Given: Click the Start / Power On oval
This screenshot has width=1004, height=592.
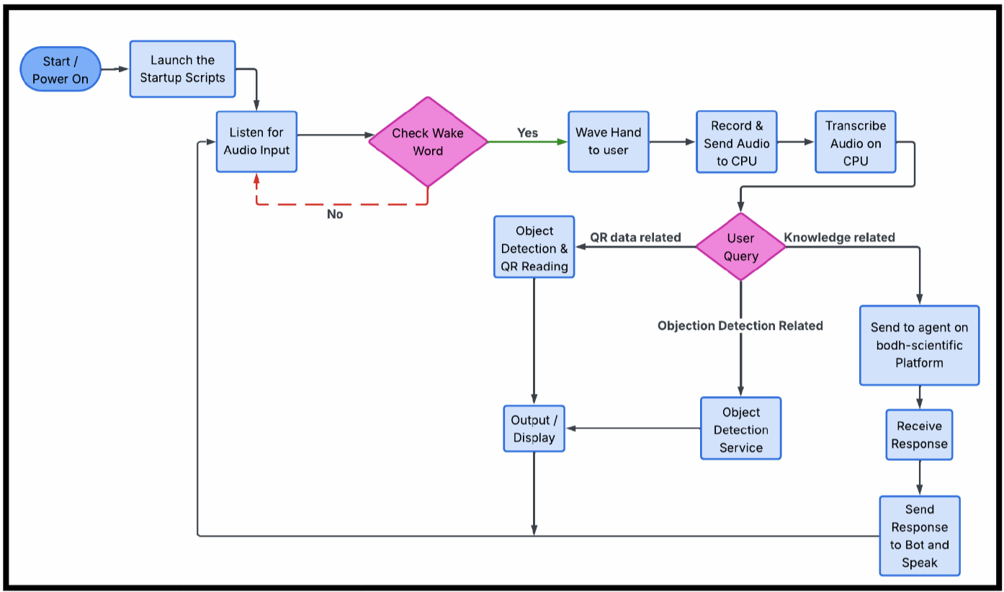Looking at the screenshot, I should [x=60, y=70].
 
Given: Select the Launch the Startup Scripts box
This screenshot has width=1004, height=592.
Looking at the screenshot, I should [x=182, y=69].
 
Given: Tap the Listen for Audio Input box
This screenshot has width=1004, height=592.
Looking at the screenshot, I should [x=256, y=141].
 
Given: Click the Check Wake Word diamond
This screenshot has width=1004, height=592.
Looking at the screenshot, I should [x=428, y=142].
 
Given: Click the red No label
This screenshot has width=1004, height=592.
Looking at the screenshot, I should [x=335, y=215].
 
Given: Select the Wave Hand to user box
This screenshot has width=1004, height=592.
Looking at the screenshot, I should [x=608, y=141].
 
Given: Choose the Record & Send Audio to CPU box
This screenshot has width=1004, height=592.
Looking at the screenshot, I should [x=736, y=143].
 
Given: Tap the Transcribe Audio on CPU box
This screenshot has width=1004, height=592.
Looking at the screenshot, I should [x=855, y=143].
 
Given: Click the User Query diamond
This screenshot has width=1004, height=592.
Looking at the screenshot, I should [x=740, y=247].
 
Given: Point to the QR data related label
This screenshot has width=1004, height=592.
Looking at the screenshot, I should [x=635, y=238].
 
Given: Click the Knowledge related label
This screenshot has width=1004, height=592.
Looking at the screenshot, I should [x=839, y=238].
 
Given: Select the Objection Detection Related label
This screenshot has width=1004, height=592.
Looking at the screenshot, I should [x=740, y=326].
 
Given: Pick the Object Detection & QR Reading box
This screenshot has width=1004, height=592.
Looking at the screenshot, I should [x=534, y=248].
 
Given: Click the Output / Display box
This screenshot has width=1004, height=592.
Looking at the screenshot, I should [x=534, y=429].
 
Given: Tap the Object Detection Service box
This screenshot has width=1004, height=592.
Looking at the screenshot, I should [x=740, y=429].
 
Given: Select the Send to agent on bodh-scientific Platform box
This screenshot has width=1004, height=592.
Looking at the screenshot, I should [x=919, y=345].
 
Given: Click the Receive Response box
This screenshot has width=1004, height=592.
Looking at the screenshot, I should [x=919, y=435].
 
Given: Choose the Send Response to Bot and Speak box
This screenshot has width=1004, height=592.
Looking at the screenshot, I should [x=919, y=536].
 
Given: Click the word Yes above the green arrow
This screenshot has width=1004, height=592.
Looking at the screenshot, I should [x=527, y=133].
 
